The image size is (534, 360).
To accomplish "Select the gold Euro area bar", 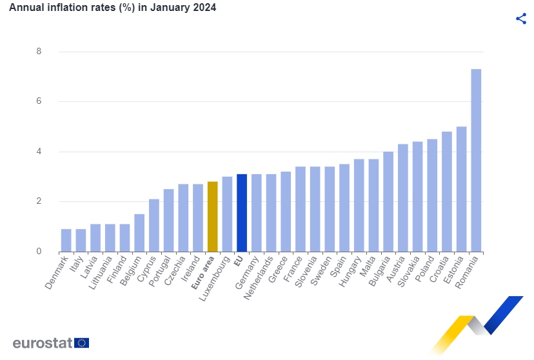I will pyautogui.click(x=212, y=217).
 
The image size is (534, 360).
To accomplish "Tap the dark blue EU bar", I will pyautogui.click(x=242, y=213).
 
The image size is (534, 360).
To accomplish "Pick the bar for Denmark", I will pyautogui.click(x=66, y=240).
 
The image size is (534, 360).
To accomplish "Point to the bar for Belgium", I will pyautogui.click(x=139, y=233).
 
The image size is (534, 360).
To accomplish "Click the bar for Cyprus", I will pyautogui.click(x=154, y=225).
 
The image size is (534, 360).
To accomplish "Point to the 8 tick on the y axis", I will pyautogui.click(x=39, y=52).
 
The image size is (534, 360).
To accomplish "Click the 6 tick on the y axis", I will pyautogui.click(x=39, y=101).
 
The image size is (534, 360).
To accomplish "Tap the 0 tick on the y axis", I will pyautogui.click(x=39, y=252).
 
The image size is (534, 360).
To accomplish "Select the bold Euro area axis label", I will pyautogui.click(x=204, y=274).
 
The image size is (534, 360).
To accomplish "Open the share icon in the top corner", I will pyautogui.click(x=521, y=19).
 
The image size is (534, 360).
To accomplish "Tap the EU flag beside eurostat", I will pyautogui.click(x=82, y=343).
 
